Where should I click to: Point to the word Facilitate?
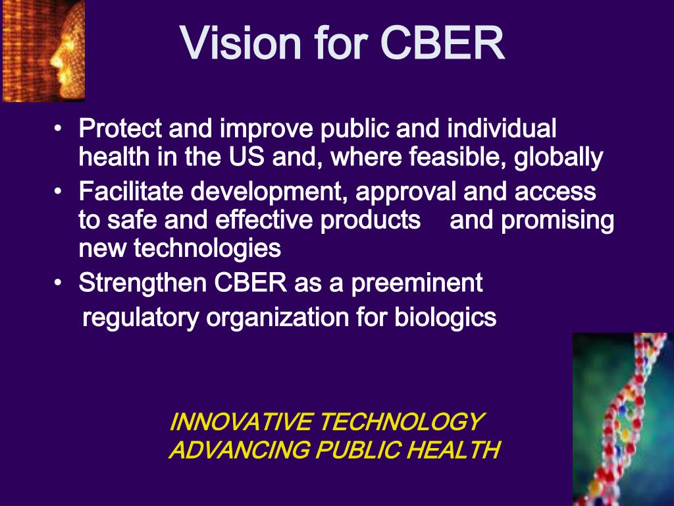132,192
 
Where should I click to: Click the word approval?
407,192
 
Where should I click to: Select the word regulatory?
141,318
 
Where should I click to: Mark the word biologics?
446,318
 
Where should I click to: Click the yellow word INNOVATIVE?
240,422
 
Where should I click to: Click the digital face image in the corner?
43,50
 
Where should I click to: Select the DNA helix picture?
622,419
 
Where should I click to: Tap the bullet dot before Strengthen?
59,283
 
